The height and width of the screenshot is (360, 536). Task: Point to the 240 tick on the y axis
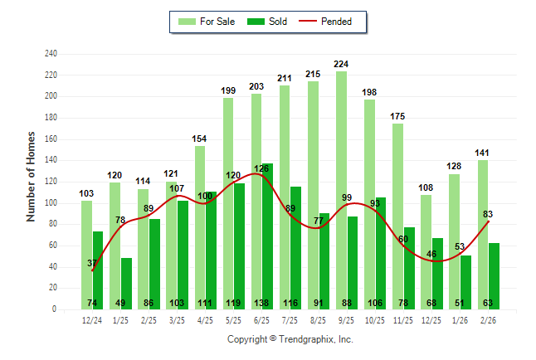click(51, 54)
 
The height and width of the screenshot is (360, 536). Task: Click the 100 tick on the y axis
click(51, 203)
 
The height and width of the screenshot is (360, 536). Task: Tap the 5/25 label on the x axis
click(233, 321)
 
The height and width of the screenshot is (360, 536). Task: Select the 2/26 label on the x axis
click(488, 321)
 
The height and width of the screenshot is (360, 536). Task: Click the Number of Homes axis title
click(32, 176)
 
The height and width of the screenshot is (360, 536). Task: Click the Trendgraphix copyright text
click(290, 339)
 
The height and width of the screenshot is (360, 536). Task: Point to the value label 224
click(341, 64)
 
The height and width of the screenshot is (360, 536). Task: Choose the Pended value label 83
click(488, 215)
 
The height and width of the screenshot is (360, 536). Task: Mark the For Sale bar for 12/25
click(426, 249)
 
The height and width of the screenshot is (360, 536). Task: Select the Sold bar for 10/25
click(381, 249)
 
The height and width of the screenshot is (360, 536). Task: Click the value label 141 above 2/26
click(482, 153)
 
